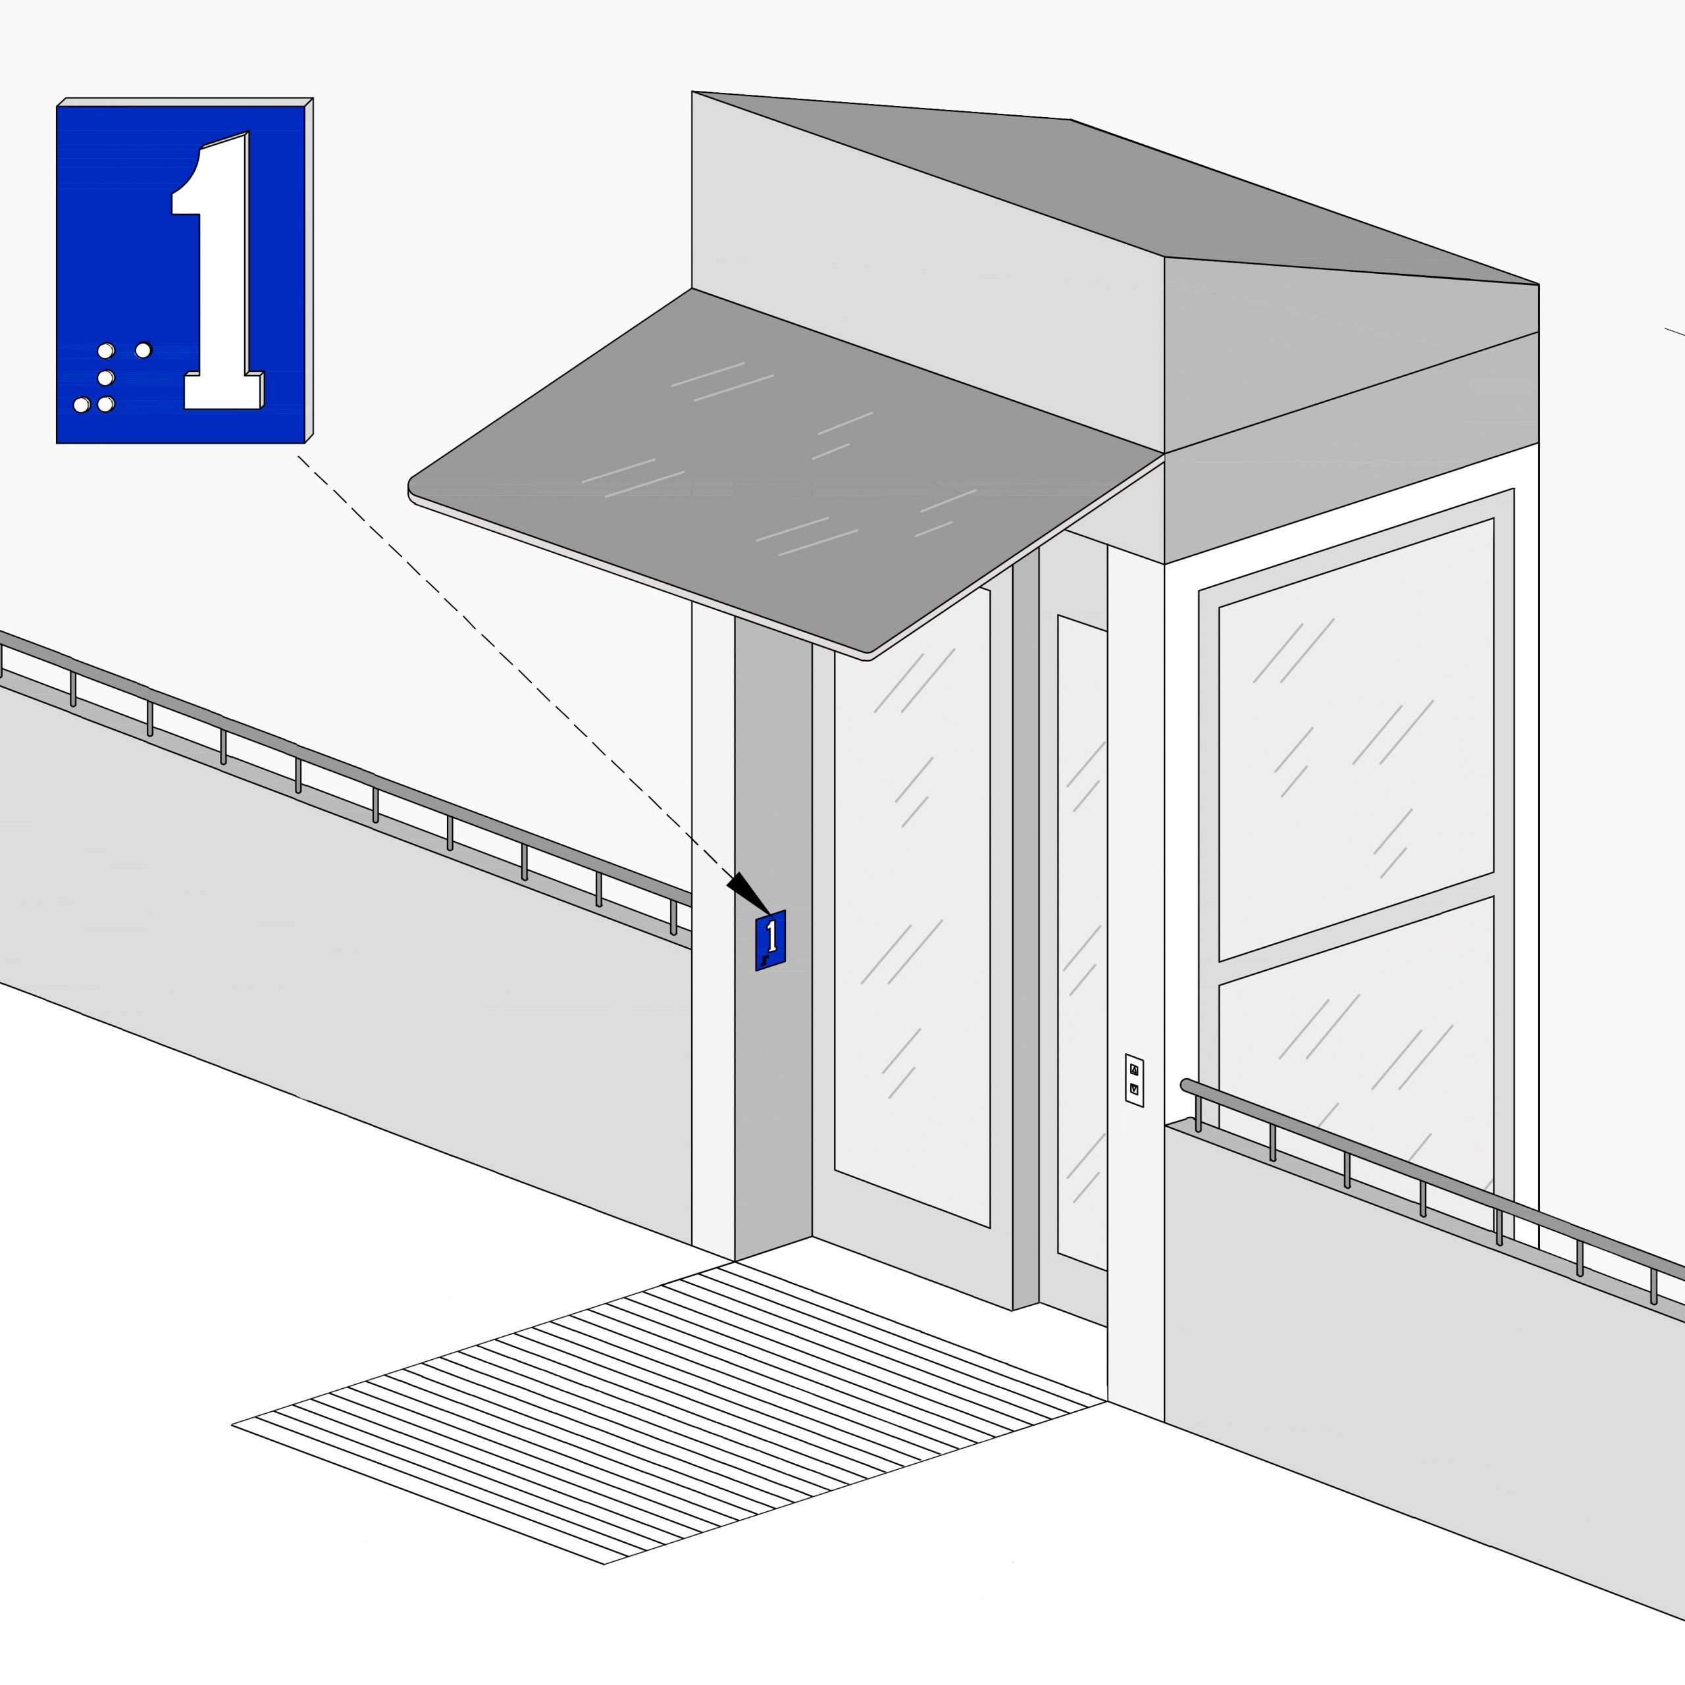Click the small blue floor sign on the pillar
coord(771,940)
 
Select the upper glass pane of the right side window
coord(1356,740)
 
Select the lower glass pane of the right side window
coord(1356,1073)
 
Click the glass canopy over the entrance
coord(785,471)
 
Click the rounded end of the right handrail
coord(1186,1085)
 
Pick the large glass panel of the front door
coord(912,907)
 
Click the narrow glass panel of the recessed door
coord(1082,942)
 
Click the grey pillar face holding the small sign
coord(773,937)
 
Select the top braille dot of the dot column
coord(105,351)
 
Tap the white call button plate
coord(1135,1079)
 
